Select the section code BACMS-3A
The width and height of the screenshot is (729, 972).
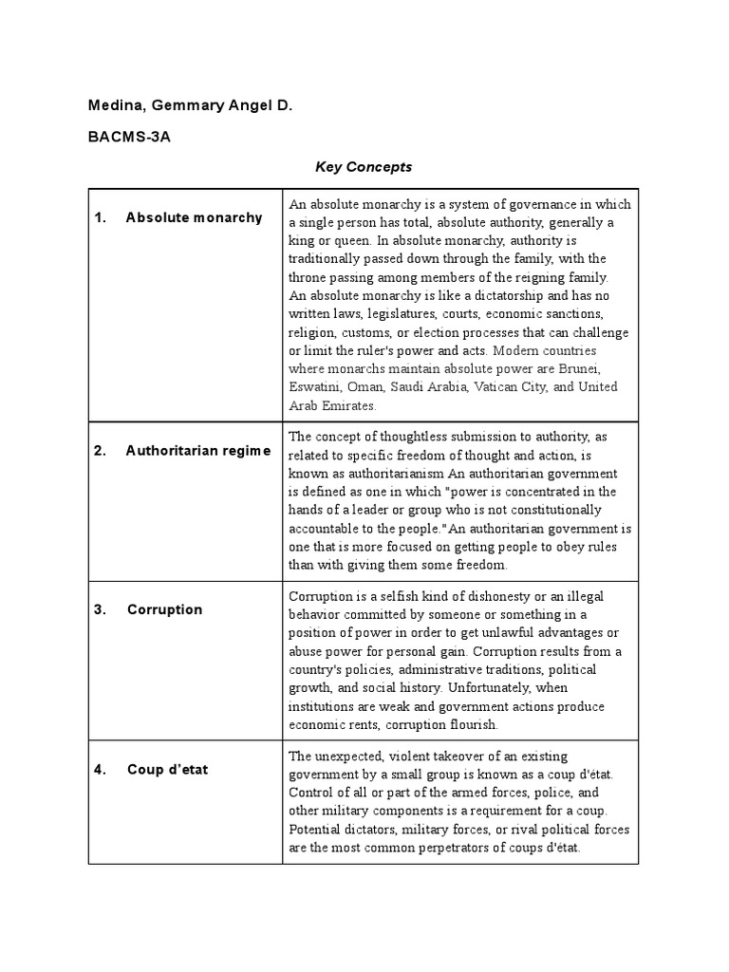click(x=129, y=136)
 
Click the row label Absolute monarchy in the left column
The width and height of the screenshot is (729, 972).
click(x=194, y=217)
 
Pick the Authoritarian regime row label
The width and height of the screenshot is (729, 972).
click(x=197, y=451)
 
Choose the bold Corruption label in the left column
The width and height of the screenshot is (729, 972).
click(x=164, y=609)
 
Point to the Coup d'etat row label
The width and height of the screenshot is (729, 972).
click(x=167, y=769)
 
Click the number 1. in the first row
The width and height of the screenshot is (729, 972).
click(x=100, y=217)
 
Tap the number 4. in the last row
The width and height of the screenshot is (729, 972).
click(x=100, y=769)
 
